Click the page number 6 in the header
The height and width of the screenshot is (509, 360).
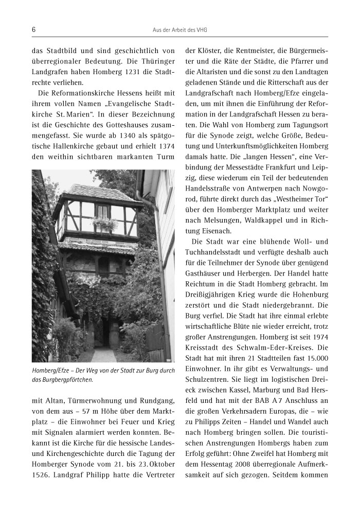coord(33,30)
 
